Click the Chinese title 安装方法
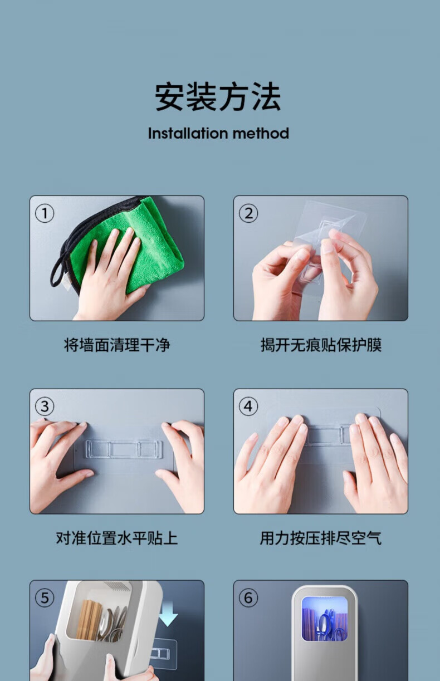coord(218,96)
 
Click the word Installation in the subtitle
coord(188,133)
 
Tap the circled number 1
coord(45,213)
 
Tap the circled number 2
coord(248,213)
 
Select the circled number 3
coord(45,406)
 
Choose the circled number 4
coord(248,406)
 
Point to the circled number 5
coord(45,598)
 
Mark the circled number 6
coord(248,598)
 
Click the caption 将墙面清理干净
coord(117,345)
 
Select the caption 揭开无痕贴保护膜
coord(321,345)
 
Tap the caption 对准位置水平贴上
coord(117,538)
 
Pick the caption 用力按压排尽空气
coord(320,538)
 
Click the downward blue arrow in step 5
coord(168,614)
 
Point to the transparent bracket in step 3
coord(124,449)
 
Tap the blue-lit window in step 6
coord(325,619)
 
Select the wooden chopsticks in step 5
coord(89,620)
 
